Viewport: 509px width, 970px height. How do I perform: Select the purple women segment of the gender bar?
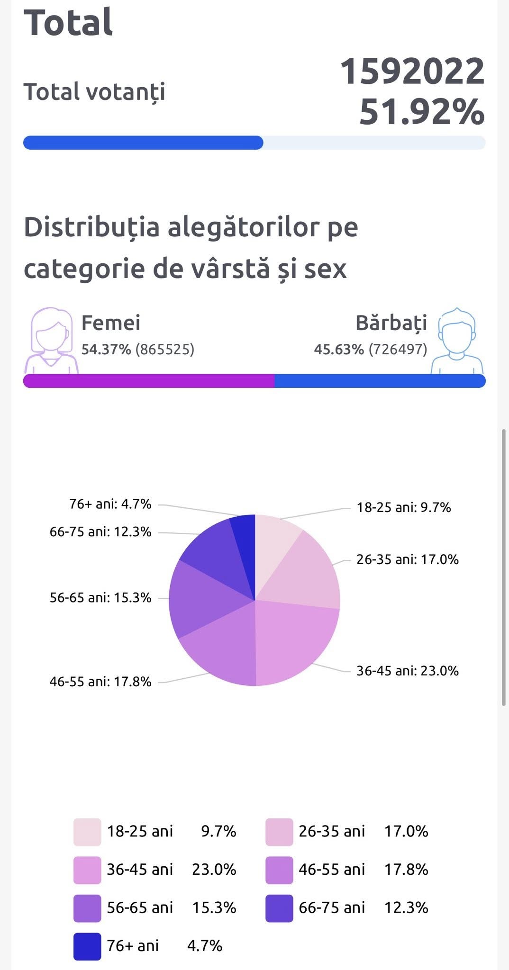149,381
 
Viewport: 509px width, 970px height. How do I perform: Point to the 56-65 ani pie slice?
199,599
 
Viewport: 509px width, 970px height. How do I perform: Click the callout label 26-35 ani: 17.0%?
408,559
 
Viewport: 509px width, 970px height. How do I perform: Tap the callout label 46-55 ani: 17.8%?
100,682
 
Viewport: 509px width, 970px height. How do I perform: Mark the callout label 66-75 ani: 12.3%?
100,532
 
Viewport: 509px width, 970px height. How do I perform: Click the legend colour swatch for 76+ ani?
87,946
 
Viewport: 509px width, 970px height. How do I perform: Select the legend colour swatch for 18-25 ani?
87,832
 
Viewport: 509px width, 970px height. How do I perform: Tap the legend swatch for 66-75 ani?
279,908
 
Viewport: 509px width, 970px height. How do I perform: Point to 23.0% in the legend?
214,870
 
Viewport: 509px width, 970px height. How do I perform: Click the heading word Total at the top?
68,22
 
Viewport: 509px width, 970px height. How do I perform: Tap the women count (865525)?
165,350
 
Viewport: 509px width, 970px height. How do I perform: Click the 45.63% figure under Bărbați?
339,350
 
